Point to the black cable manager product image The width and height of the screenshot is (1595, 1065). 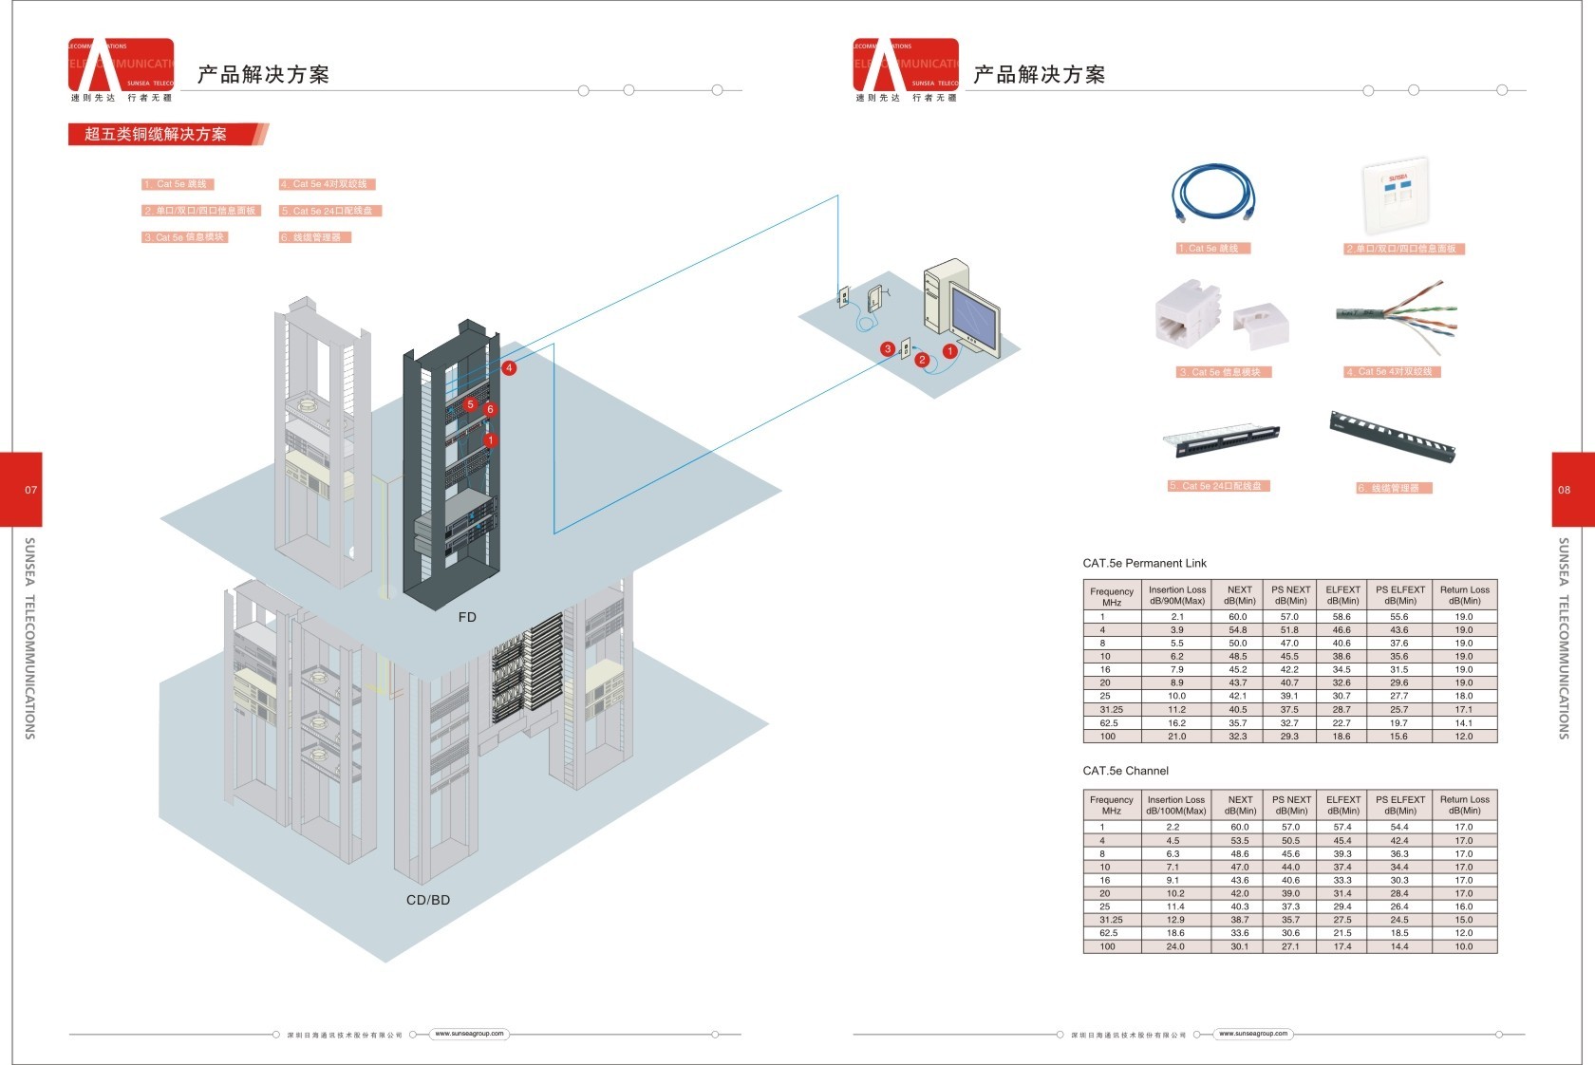point(1392,436)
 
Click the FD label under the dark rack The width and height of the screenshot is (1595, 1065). point(467,617)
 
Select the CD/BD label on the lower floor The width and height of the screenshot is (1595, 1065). point(428,900)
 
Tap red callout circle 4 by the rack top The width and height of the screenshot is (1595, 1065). point(510,367)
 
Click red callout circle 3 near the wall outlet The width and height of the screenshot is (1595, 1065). point(887,348)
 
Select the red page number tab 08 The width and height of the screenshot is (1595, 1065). point(1566,490)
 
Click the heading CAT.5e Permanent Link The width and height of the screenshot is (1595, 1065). point(1144,563)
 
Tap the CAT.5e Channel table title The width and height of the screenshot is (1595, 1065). point(1125,771)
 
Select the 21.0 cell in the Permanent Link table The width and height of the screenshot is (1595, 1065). point(1177,737)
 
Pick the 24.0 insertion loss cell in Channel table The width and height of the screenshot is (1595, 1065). point(1175,946)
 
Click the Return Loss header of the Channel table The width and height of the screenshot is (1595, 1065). point(1464,805)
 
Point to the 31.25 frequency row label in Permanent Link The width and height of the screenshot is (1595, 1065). point(1111,709)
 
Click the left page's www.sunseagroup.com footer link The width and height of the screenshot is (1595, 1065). point(469,1034)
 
